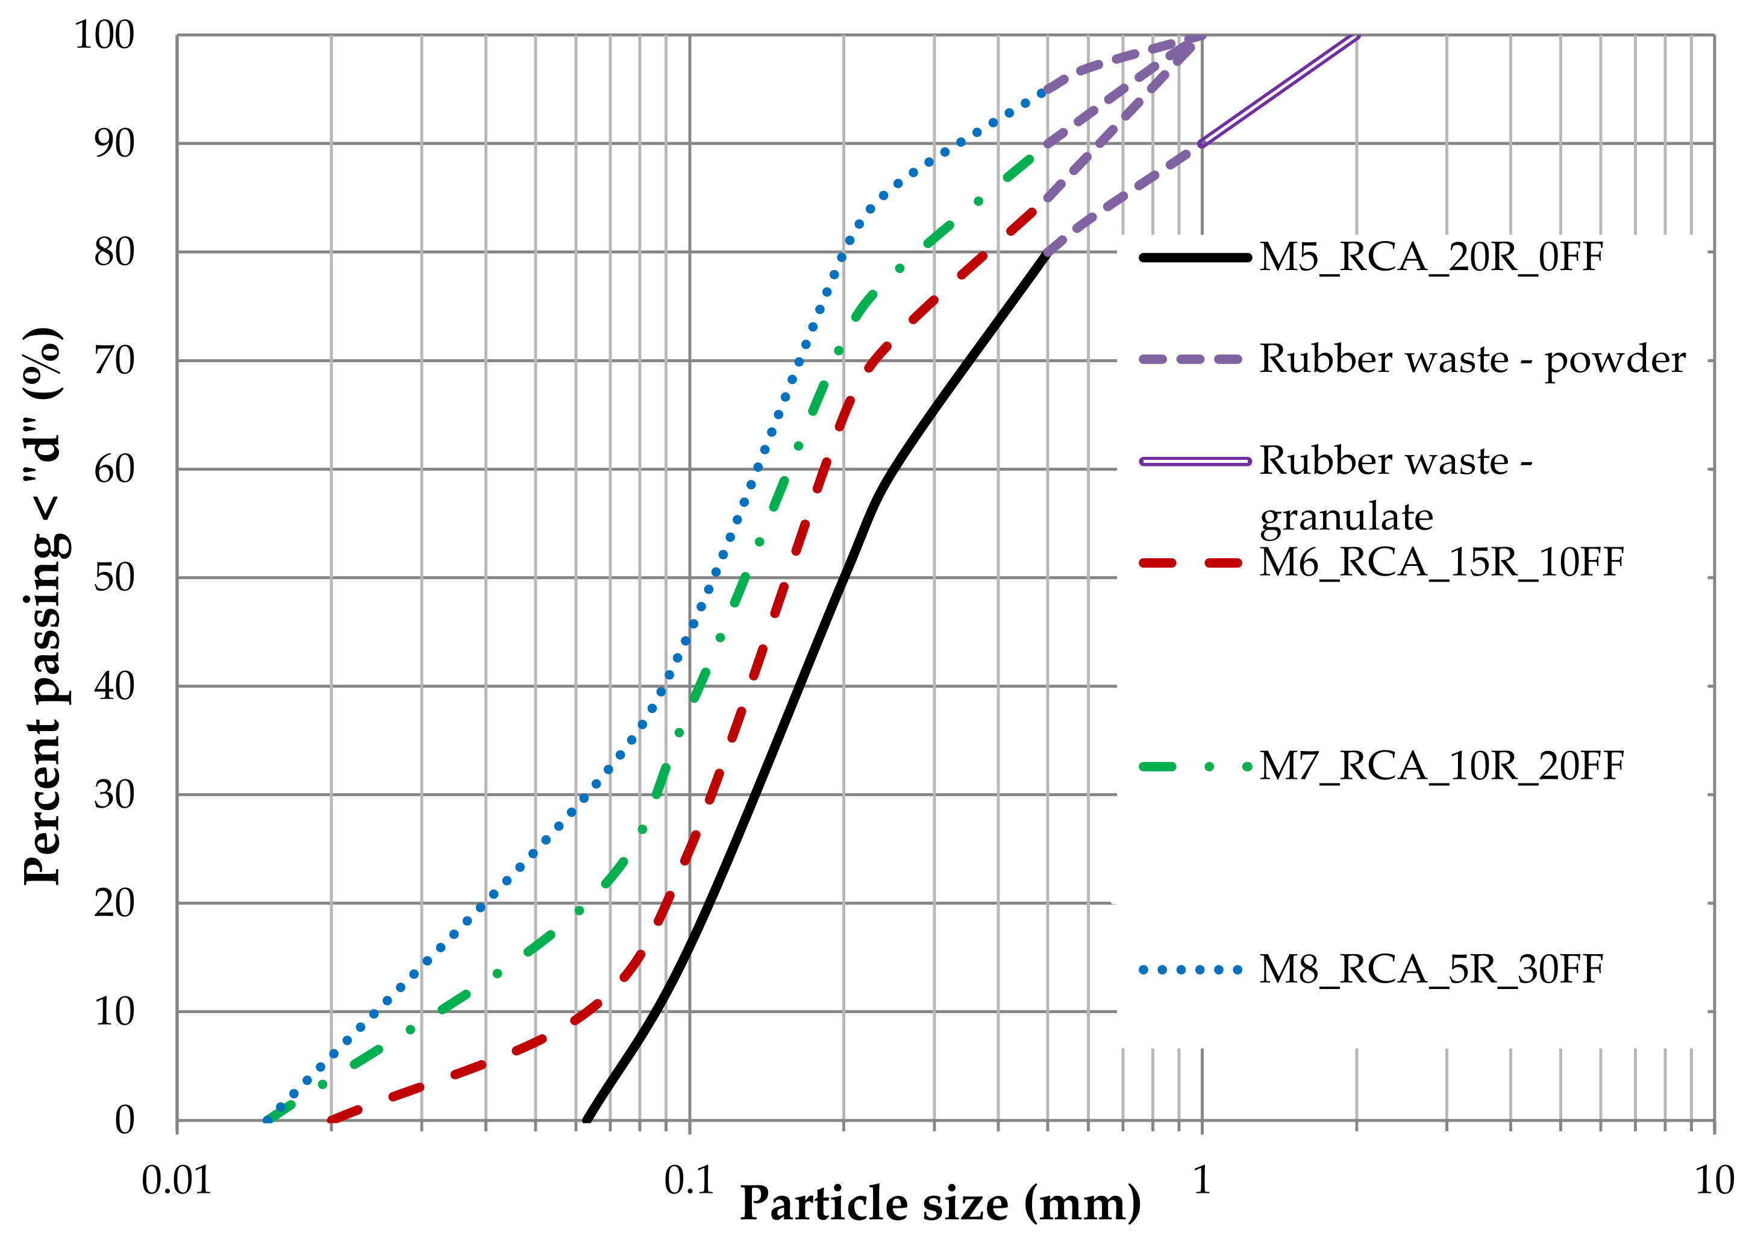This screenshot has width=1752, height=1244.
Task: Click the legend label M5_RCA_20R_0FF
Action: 1430,257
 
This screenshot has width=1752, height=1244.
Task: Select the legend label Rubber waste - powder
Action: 1472,359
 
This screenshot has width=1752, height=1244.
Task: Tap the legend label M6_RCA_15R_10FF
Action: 1441,562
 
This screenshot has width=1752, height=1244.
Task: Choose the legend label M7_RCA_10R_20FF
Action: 1441,766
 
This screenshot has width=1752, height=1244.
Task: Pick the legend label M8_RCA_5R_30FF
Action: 1430,969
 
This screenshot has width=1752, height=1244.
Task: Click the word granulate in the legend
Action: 1345,517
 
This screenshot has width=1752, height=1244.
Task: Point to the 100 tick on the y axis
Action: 104,35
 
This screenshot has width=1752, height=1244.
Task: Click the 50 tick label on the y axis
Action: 113,577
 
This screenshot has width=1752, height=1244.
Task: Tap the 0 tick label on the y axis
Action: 124,1120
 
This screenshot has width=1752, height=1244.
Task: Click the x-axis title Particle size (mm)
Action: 939,1204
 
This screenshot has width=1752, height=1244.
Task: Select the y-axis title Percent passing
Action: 45,605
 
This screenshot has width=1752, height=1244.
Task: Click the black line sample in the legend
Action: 1195,257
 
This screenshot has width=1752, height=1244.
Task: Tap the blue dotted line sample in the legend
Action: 1190,970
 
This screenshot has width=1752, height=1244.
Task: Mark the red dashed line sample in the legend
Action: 1190,563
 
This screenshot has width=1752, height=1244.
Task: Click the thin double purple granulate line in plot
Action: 1279,90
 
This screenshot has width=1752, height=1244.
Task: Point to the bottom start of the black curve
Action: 587,1120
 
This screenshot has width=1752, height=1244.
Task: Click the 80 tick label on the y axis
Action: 113,252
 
